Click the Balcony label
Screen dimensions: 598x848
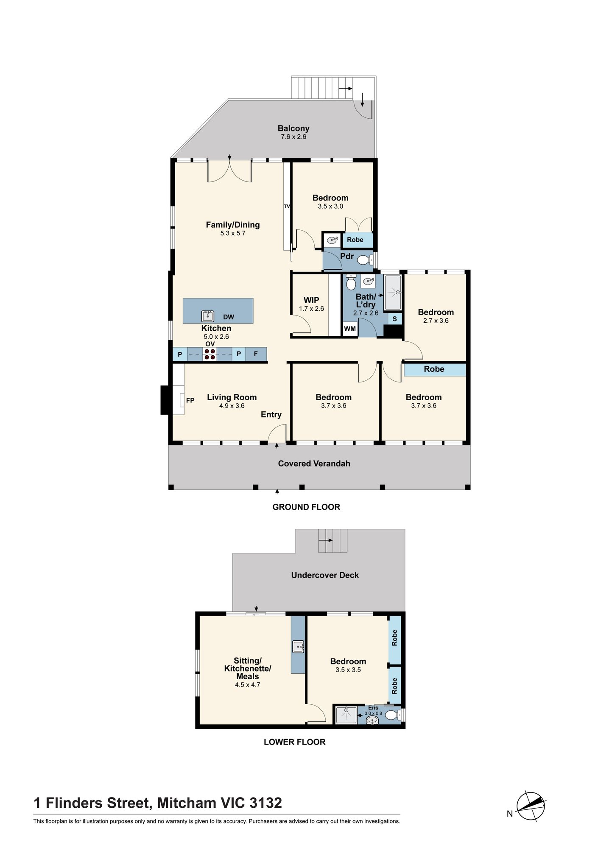click(293, 128)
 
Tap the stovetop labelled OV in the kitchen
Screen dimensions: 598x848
click(210, 354)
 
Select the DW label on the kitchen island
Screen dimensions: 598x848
click(229, 317)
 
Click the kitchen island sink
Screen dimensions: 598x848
click(207, 316)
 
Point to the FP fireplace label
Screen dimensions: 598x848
click(190, 400)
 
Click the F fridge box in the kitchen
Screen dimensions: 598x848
click(256, 354)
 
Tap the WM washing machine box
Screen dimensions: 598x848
click(350, 329)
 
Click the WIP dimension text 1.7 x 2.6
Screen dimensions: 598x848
click(311, 309)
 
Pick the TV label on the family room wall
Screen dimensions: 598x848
click(287, 206)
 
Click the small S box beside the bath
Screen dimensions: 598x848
click(395, 319)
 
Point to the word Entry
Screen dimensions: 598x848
click(271, 415)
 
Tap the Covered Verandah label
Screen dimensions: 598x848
click(314, 464)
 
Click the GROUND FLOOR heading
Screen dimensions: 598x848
click(306, 507)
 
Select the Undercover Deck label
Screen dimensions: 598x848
click(325, 575)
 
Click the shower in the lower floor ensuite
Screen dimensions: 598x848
click(347, 715)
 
